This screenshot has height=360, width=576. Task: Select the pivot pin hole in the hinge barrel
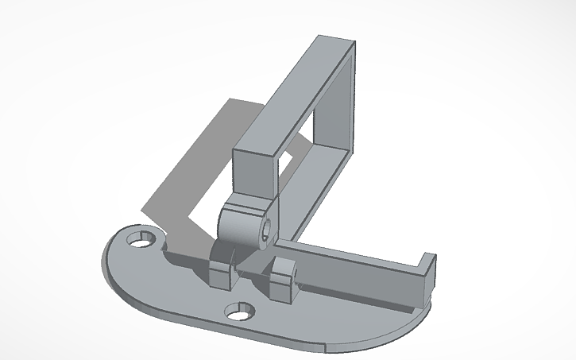pyautogui.click(x=265, y=235)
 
